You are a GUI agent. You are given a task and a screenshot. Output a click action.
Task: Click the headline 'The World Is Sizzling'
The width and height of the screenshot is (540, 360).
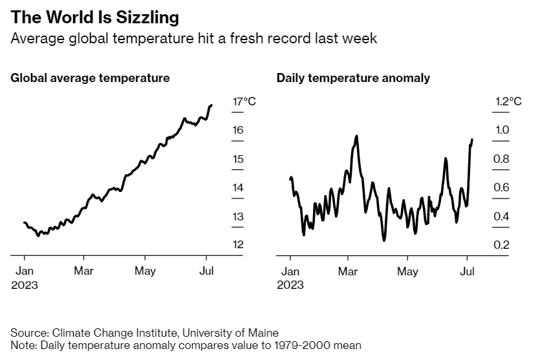coord(95,16)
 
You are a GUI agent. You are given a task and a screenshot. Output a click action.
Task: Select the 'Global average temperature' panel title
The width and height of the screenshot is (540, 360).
coord(90,78)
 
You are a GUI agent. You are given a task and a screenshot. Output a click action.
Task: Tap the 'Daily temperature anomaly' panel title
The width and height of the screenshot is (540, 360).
coord(353,78)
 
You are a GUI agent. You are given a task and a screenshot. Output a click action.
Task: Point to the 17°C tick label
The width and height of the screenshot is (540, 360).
coord(244,101)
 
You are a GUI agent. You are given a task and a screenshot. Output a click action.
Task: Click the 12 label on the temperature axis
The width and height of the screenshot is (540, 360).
coord(238,244)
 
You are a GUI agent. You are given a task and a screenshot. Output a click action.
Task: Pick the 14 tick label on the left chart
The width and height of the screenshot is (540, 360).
coord(238,187)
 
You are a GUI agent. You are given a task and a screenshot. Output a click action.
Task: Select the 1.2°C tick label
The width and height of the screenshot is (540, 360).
coord(508,101)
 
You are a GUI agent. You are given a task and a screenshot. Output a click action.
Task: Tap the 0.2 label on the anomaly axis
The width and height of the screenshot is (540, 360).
coord(502,244)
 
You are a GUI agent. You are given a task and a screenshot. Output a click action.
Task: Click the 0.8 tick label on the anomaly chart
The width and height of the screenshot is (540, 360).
coord(502,159)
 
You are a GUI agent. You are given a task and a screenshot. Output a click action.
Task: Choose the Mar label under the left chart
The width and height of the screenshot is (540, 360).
coord(83,270)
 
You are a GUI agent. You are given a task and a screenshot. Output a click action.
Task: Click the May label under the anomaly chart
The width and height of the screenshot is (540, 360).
coord(407,270)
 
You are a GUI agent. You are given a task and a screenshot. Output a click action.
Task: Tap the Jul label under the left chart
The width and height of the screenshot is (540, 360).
coord(206,270)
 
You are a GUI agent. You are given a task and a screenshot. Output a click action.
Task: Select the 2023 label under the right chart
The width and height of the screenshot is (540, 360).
coord(290,284)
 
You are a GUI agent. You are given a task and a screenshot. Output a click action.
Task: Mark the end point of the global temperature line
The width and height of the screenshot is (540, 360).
coord(211,105)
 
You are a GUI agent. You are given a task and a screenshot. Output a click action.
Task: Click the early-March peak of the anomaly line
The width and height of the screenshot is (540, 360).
coord(356,136)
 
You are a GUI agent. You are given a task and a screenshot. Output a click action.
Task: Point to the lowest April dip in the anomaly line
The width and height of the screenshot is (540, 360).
coord(384,240)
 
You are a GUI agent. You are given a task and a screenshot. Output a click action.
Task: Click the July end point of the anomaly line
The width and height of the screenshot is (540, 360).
coord(473,140)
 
